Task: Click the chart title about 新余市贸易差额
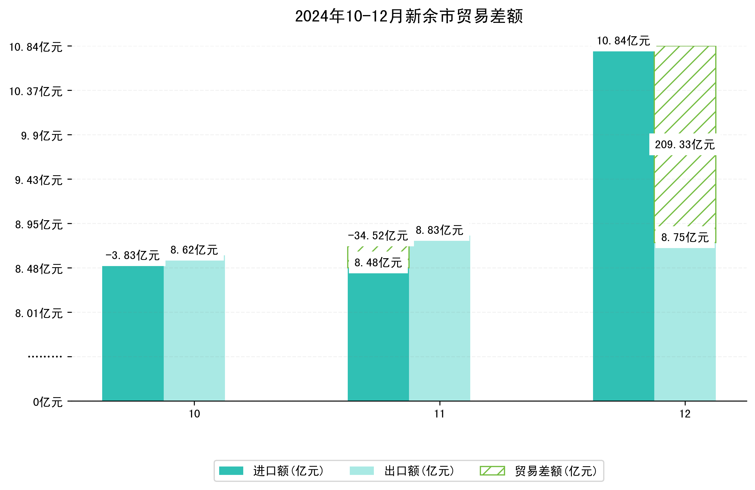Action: pyautogui.click(x=409, y=17)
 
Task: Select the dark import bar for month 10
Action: pyautogui.click(x=133, y=333)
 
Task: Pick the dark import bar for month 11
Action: pyautogui.click(x=378, y=336)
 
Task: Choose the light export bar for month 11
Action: pyautogui.click(x=439, y=320)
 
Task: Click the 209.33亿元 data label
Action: pyautogui.click(x=684, y=145)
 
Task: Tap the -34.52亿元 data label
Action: pyautogui.click(x=377, y=236)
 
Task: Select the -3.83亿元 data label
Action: pyautogui.click(x=132, y=255)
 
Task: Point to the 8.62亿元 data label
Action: pyautogui.click(x=194, y=250)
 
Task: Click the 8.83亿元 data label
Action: pyautogui.click(x=439, y=230)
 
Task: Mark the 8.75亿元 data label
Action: pyautogui.click(x=684, y=237)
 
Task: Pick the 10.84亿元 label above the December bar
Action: pyautogui.click(x=623, y=41)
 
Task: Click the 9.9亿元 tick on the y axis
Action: pyautogui.click(x=42, y=136)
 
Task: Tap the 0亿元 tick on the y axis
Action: pyautogui.click(x=48, y=402)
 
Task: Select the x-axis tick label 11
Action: pyautogui.click(x=439, y=414)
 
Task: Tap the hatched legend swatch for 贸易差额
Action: pyautogui.click(x=492, y=471)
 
